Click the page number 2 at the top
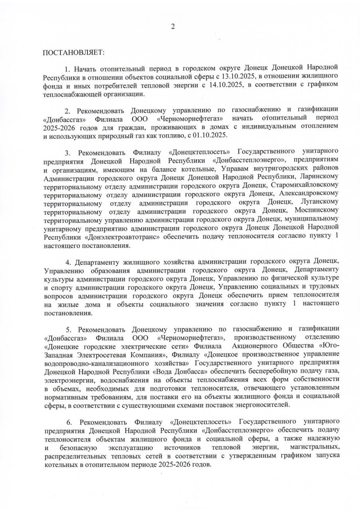point(173,27)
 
